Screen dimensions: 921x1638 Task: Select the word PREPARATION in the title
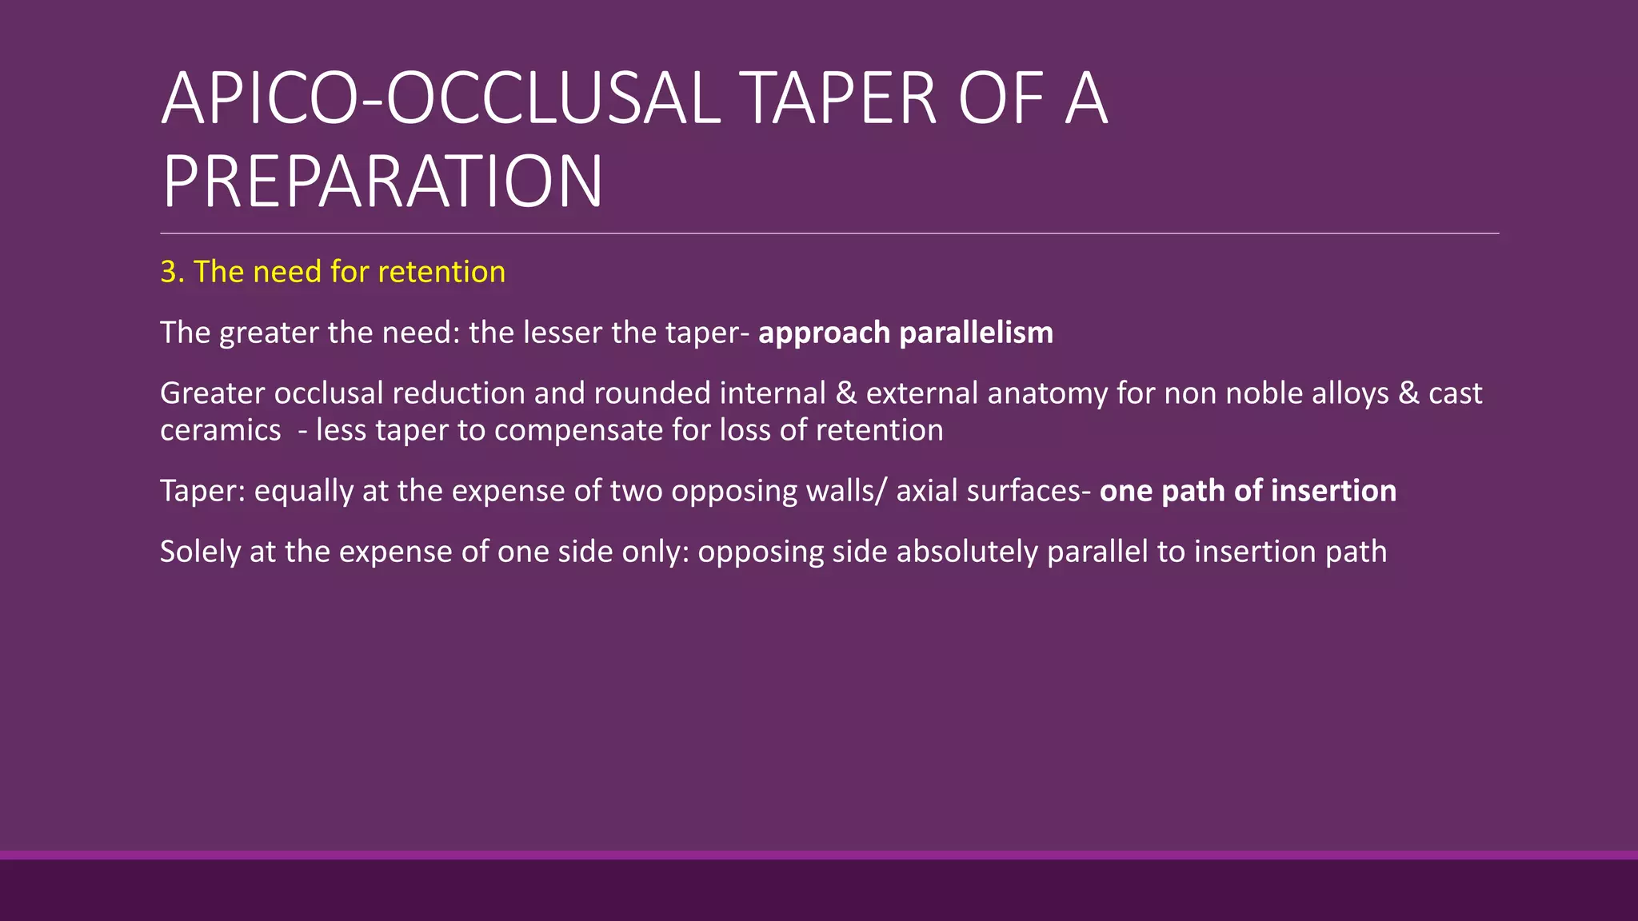(x=382, y=182)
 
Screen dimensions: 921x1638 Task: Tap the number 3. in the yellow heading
(x=172, y=272)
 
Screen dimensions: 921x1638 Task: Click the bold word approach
(x=824, y=333)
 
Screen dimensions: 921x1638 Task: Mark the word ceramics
(x=221, y=431)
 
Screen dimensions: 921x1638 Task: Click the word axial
(x=927, y=491)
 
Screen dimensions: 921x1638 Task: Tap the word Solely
(x=200, y=552)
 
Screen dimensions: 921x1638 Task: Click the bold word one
(x=1126, y=491)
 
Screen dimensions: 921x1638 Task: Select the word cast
(x=1456, y=393)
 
